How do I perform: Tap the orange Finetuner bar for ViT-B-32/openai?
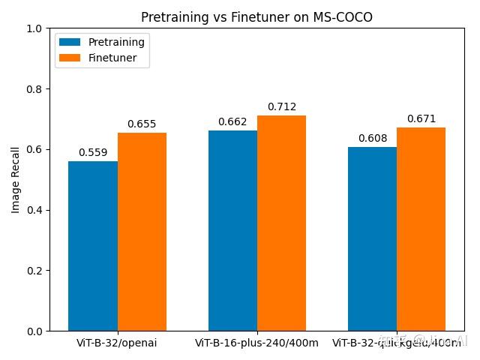[x=142, y=232]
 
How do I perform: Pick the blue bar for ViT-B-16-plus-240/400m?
[x=232, y=230]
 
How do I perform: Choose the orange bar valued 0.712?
[x=281, y=223]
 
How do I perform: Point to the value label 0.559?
[x=93, y=153]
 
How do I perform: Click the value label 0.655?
[x=142, y=124]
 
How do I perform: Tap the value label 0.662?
[x=232, y=121]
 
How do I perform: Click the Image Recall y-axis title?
[x=16, y=180]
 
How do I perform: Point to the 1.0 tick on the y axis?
[x=36, y=28]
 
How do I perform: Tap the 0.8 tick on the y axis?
[x=36, y=89]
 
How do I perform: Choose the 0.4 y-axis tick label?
[x=36, y=210]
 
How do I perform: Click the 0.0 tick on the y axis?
[x=36, y=331]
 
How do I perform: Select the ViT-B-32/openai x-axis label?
[x=117, y=343]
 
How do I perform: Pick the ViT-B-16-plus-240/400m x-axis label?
[x=256, y=343]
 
